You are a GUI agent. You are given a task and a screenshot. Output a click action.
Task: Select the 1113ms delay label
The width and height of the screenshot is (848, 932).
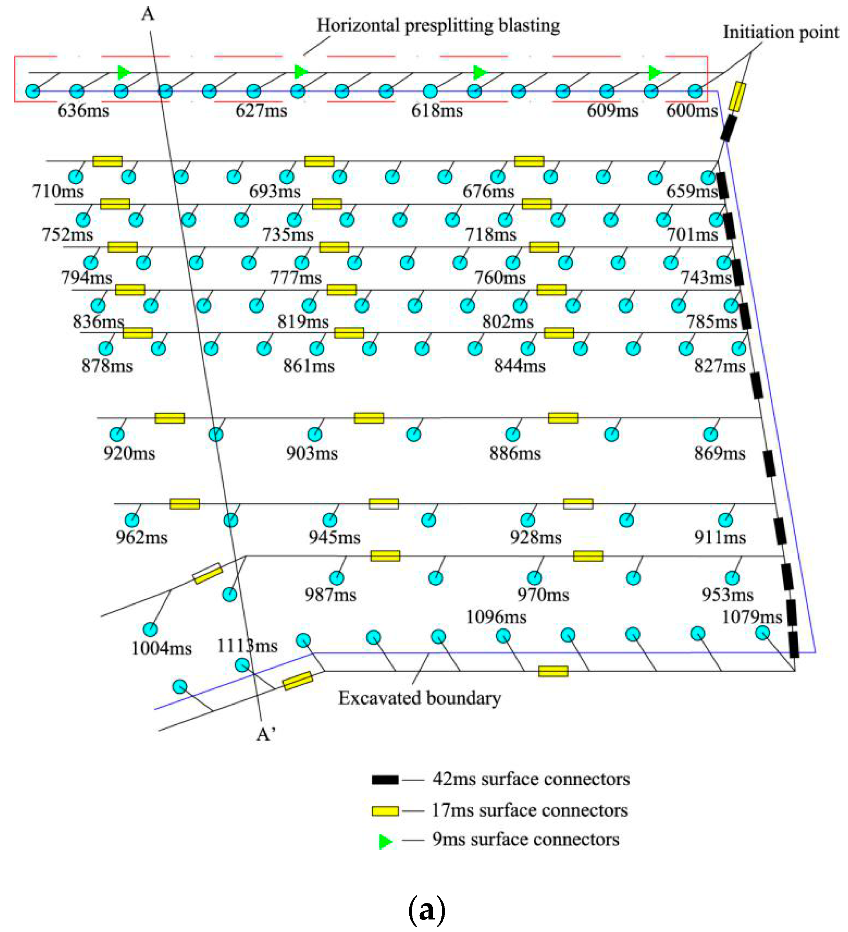[x=247, y=646]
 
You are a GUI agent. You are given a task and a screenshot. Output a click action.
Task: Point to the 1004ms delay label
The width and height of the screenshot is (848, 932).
[x=161, y=649]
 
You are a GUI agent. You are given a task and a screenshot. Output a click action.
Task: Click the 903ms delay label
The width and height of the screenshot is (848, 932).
[x=311, y=453]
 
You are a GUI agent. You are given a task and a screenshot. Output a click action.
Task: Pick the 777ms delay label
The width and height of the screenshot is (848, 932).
[x=296, y=278]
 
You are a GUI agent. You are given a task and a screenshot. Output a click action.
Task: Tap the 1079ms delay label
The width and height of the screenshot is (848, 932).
[x=752, y=617]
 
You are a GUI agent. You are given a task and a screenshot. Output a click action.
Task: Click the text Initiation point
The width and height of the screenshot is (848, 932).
[x=780, y=32]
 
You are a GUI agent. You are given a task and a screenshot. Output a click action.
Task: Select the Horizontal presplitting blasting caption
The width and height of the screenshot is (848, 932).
[x=438, y=25]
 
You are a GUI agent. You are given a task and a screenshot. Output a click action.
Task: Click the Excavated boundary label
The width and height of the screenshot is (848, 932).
[x=419, y=698]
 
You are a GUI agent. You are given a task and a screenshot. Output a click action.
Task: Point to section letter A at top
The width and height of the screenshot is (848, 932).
[x=148, y=14]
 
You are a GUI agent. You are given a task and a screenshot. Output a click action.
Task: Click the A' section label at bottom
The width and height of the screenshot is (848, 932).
[x=266, y=734]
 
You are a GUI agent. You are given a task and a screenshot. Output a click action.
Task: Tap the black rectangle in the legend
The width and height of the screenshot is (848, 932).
[x=385, y=780]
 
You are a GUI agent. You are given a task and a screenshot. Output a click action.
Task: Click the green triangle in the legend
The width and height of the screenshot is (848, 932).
[x=385, y=842]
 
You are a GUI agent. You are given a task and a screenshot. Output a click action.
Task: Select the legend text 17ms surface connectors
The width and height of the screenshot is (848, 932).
[x=529, y=810]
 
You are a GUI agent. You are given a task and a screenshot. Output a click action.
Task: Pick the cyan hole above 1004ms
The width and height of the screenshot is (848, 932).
[x=150, y=629]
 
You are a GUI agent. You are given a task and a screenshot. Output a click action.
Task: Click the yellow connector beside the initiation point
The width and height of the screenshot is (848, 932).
[x=736, y=97]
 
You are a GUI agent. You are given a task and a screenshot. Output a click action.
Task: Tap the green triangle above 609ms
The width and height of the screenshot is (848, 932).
[x=655, y=73]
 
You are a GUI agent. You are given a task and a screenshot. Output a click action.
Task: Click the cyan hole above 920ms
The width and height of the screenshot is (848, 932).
[x=117, y=434]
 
